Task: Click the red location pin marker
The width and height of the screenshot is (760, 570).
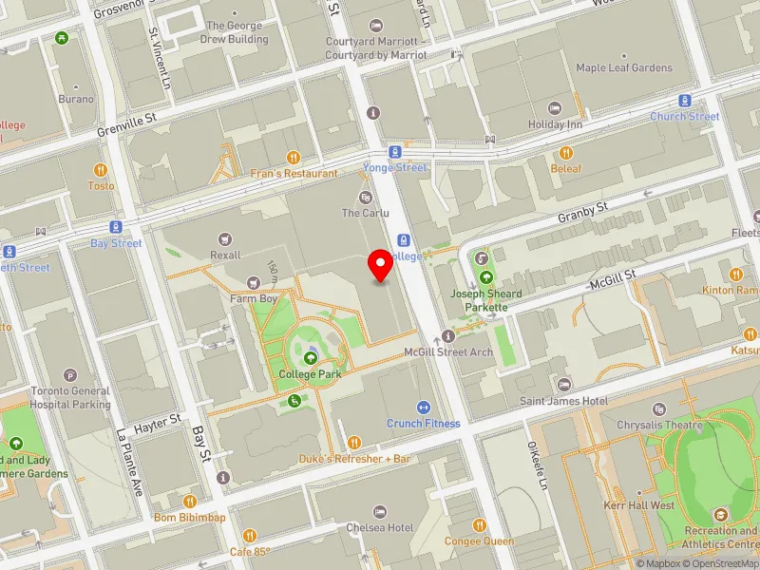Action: pos(381,265)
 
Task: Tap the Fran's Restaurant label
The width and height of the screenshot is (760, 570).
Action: pos(294,174)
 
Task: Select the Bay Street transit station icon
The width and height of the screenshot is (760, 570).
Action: pos(116,227)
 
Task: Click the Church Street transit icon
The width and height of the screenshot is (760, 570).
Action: pos(684,101)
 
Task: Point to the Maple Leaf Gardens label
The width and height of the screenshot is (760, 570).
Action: pos(623,68)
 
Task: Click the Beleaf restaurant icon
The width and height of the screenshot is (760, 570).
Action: pos(566,152)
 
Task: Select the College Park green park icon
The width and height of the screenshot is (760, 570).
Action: pos(311,358)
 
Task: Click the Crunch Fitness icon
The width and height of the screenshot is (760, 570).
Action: pos(423,407)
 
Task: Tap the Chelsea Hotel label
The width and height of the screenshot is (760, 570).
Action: pos(379,527)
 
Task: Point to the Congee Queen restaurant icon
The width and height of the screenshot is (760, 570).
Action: pos(480,525)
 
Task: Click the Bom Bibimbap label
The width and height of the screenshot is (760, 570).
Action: pos(190,518)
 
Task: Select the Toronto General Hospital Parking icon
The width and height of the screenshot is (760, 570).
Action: pos(70,375)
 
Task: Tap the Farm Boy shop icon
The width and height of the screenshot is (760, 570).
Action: pos(252,282)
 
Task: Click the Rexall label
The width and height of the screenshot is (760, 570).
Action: pos(225,255)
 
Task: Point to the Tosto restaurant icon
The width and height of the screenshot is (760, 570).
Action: pos(101,170)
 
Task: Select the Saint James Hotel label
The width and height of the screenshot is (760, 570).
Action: pos(563,401)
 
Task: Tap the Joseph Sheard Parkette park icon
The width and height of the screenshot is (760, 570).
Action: pos(486,278)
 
